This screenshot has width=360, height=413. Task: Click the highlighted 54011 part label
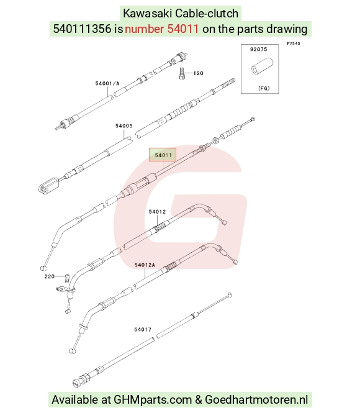tap(163, 155)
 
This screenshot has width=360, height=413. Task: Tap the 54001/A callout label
tap(107, 83)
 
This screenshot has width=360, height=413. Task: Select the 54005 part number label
tap(124, 126)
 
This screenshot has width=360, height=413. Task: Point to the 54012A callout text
tap(145, 265)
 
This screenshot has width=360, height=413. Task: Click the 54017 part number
tap(143, 330)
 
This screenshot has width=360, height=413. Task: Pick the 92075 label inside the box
tap(258, 49)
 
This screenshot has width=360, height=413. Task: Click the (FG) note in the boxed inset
tap(264, 88)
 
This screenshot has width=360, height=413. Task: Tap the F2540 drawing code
tap(294, 43)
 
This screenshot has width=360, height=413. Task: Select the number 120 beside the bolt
tap(199, 73)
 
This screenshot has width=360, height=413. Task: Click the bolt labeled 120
tap(181, 73)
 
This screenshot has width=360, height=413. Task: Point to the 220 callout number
tap(50, 276)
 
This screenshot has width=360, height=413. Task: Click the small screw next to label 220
tap(68, 278)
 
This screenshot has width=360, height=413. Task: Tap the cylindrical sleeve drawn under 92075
tap(262, 66)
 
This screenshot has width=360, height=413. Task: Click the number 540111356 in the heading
tap(83, 29)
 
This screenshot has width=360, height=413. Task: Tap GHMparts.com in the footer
tap(153, 400)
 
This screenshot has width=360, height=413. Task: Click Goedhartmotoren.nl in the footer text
tap(256, 399)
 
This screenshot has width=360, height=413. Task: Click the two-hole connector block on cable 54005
tap(48, 186)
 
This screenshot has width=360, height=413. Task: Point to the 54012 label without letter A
tap(157, 212)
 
